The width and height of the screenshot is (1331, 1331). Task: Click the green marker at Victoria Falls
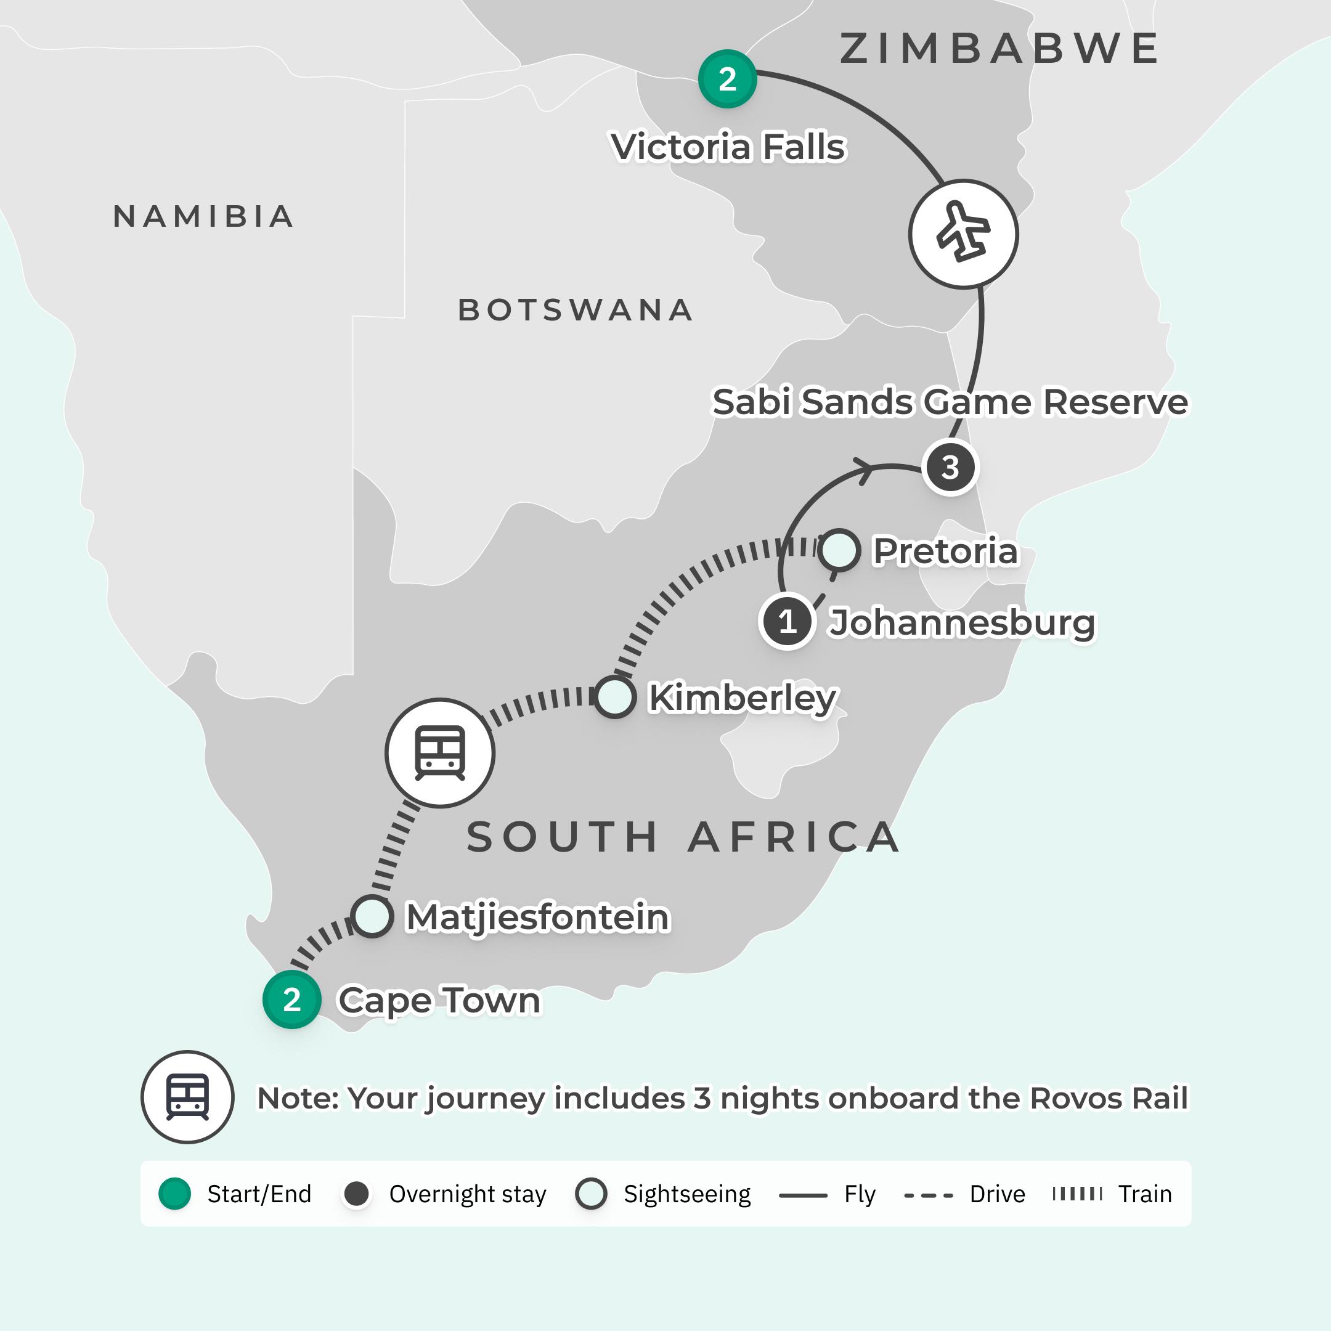tap(727, 78)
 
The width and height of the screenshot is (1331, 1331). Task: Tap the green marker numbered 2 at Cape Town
tap(291, 999)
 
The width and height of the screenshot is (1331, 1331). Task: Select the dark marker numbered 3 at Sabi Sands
tap(950, 467)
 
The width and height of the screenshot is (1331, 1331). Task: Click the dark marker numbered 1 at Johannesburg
tap(788, 621)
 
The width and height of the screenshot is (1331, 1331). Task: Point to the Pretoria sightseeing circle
tap(839, 550)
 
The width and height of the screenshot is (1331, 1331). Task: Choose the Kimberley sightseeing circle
tap(614, 696)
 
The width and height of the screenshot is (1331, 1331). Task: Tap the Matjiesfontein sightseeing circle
tap(372, 916)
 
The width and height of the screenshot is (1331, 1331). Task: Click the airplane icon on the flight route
tap(963, 234)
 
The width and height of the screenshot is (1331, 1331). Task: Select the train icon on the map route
tap(439, 752)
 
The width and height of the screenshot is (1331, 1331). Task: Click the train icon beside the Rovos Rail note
tap(187, 1097)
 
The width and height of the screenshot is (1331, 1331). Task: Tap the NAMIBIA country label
tap(204, 216)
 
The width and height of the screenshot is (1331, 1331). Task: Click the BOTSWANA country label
tap(576, 310)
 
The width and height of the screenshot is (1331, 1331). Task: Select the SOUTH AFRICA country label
tap(683, 837)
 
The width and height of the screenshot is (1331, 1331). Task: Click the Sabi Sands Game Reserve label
tap(950, 402)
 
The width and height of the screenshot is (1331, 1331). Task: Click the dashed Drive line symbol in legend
tap(928, 1195)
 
